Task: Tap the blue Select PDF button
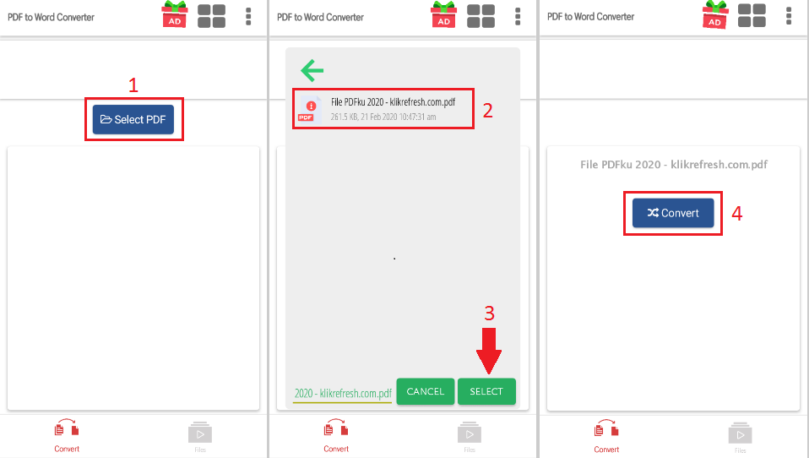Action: [133, 119]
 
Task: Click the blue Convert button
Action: [673, 213]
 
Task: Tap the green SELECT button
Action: [486, 391]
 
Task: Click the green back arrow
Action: [312, 70]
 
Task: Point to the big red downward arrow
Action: [489, 351]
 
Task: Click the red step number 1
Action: [133, 85]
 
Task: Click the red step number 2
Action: [487, 110]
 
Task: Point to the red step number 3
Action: [489, 313]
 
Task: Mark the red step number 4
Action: [736, 213]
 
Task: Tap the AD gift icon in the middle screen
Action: [443, 14]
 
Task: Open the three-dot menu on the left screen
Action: [248, 17]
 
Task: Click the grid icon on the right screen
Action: [752, 15]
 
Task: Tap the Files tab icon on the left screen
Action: [200, 433]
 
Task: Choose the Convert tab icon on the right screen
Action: [606, 429]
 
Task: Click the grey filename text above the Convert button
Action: [674, 164]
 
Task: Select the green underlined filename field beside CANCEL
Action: [343, 394]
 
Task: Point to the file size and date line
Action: [383, 117]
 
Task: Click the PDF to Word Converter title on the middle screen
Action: [320, 17]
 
